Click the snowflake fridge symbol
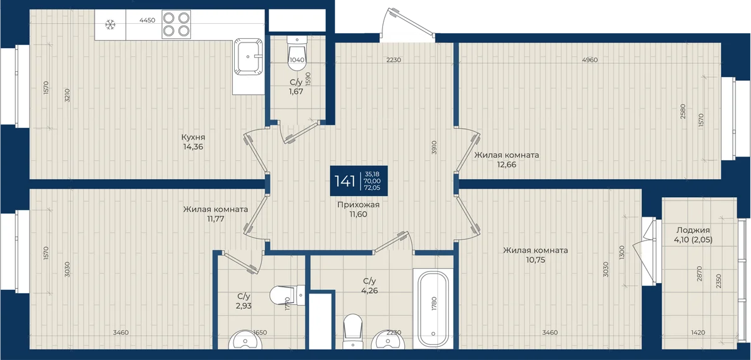(110, 24)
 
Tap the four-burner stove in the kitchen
(176, 24)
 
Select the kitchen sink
(248, 56)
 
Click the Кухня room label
(193, 137)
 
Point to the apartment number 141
(345, 181)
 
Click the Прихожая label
(359, 205)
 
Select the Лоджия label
(693, 230)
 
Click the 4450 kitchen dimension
(147, 20)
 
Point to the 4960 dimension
(590, 60)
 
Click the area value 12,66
(506, 165)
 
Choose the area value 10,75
(536, 260)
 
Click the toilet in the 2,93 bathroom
(287, 296)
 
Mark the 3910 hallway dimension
(434, 147)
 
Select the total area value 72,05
(372, 188)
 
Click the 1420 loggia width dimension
(698, 332)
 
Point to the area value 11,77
(215, 219)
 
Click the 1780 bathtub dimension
(434, 303)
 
